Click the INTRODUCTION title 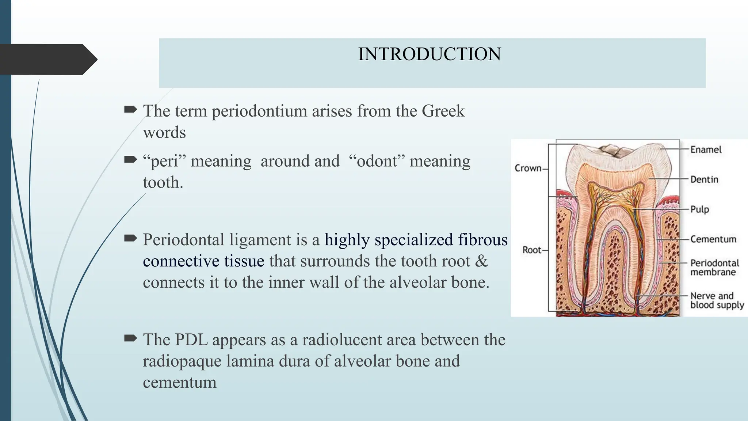[430, 54]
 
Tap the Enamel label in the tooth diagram [705, 149]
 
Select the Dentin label [704, 179]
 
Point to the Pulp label [699, 209]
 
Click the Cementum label [713, 239]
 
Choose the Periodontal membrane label [714, 268]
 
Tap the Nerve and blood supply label [717, 300]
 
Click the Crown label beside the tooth [528, 168]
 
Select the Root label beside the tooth [531, 250]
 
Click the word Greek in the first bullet [443, 111]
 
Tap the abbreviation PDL [191, 340]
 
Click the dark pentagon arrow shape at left [47, 59]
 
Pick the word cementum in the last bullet [179, 382]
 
